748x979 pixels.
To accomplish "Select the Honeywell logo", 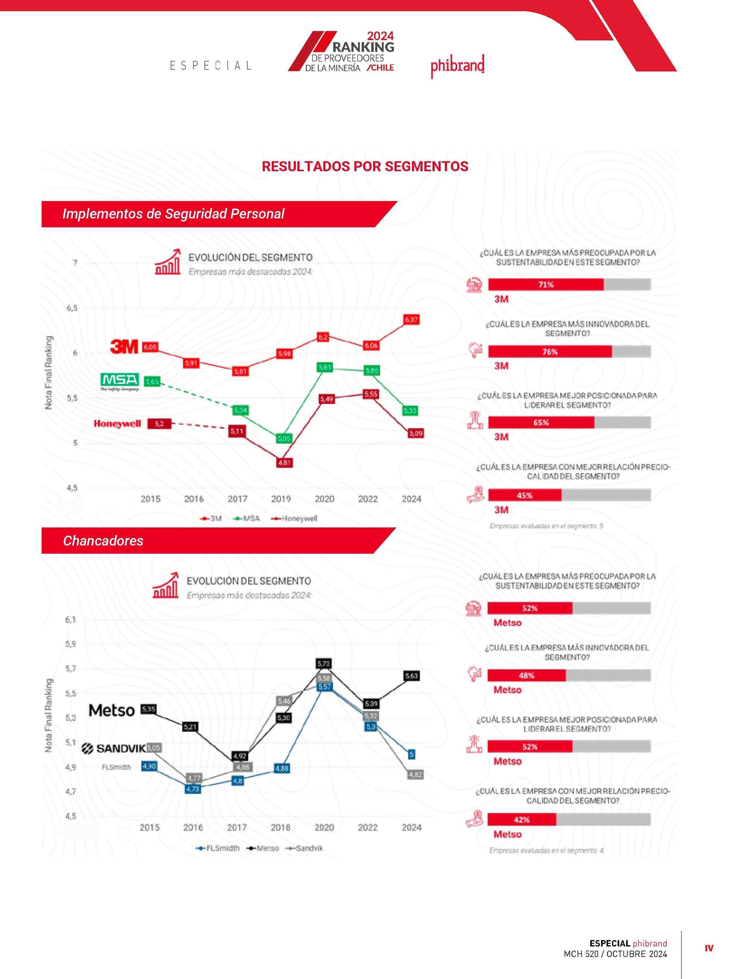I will point(117,423).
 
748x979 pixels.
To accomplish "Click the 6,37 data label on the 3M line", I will point(411,320).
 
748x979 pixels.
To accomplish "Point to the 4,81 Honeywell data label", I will point(284,463).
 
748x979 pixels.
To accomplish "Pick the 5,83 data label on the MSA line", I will point(325,367).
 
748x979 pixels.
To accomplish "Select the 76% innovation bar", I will point(550,351).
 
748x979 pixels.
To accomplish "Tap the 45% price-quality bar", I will point(525,495).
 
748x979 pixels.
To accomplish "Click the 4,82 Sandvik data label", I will point(415,775).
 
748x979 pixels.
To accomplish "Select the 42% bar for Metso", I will point(521,820).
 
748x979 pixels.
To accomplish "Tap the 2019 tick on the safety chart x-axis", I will point(281,499).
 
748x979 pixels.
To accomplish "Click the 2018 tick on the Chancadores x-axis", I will point(280,827).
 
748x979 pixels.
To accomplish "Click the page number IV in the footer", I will point(709,948).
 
